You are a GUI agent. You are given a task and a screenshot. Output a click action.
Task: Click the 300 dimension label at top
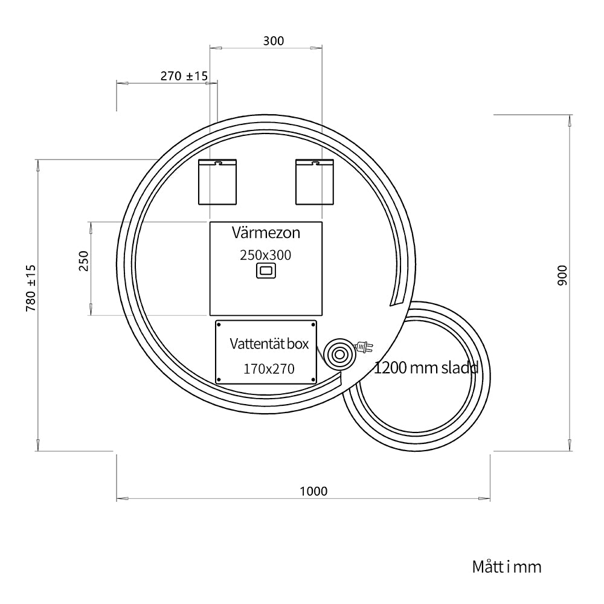point(274,41)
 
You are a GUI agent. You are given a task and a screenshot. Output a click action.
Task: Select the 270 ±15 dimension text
point(184,76)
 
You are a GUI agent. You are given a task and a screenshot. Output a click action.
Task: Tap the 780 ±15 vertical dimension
point(31,288)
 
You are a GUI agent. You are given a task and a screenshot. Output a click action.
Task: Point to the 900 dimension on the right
point(562,275)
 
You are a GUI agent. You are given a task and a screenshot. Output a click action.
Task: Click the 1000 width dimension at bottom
point(313,491)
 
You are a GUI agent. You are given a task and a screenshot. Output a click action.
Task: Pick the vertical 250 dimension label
point(83,261)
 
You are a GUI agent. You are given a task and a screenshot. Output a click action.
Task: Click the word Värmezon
point(266,233)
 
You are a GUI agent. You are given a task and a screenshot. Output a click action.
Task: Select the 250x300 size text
point(265,255)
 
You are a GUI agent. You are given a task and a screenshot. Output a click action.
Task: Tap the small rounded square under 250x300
point(266,271)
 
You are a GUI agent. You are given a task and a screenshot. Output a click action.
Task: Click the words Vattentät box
point(269,344)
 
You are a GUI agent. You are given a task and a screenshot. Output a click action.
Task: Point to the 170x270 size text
point(269,368)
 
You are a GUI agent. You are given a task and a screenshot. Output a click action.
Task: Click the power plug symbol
point(364,347)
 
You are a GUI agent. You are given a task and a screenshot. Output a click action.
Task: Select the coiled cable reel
point(339,354)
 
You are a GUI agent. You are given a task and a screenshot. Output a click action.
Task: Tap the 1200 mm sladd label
point(426,368)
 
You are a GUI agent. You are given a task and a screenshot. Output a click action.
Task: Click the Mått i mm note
point(507,567)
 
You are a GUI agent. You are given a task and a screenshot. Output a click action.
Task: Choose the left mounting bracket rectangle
point(217,182)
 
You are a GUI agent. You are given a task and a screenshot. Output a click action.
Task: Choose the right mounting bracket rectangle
point(314,182)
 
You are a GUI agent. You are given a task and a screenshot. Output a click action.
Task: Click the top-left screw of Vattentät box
point(220,325)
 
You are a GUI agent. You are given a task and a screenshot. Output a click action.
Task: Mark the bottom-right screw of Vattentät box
point(313,380)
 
